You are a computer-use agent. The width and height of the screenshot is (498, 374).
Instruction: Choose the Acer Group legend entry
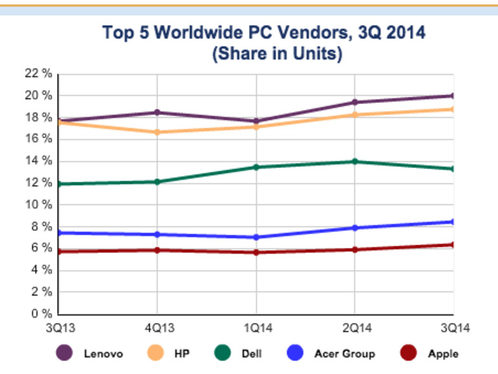pyautogui.click(x=330, y=353)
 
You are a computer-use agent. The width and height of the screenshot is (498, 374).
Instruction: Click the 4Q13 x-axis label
pyautogui.click(x=157, y=327)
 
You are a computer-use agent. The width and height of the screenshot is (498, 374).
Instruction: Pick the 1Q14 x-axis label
pyautogui.click(x=256, y=327)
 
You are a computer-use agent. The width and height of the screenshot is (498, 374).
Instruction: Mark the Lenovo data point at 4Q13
pyautogui.click(x=157, y=113)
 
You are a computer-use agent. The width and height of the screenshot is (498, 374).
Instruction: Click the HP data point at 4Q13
pyautogui.click(x=157, y=132)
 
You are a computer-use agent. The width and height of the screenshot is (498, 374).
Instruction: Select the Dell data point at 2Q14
pyautogui.click(x=355, y=161)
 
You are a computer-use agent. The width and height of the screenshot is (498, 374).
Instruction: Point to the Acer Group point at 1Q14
pyautogui.click(x=256, y=237)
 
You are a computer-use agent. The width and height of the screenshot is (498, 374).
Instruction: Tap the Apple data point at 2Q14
pyautogui.click(x=355, y=249)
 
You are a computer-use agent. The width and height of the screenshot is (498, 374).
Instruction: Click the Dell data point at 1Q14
pyautogui.click(x=256, y=167)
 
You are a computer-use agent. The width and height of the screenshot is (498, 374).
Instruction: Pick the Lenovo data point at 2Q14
pyautogui.click(x=355, y=102)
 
